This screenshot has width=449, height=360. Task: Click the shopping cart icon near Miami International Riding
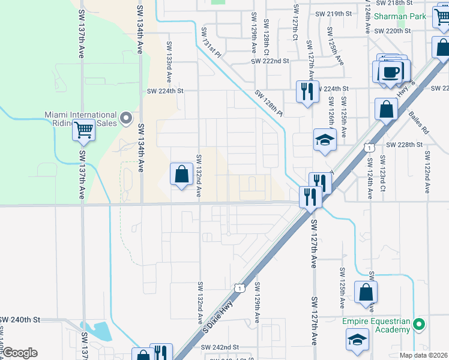(x=84, y=129)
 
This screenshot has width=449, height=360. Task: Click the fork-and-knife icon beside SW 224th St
(x=307, y=92)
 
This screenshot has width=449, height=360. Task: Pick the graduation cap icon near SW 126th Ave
(x=325, y=140)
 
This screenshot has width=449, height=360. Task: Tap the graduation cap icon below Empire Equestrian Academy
(x=357, y=339)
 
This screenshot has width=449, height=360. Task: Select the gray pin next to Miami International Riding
(x=126, y=119)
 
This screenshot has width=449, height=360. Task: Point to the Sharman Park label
(x=400, y=16)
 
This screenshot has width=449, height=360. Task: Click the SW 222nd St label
(x=270, y=61)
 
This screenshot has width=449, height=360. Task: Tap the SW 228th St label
(x=405, y=145)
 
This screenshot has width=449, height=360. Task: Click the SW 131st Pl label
(x=211, y=43)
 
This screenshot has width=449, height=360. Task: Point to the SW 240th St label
(x=19, y=320)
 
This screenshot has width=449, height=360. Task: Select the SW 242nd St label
(x=220, y=347)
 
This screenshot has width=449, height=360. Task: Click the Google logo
(x=19, y=352)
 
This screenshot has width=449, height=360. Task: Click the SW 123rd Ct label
(x=382, y=175)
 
